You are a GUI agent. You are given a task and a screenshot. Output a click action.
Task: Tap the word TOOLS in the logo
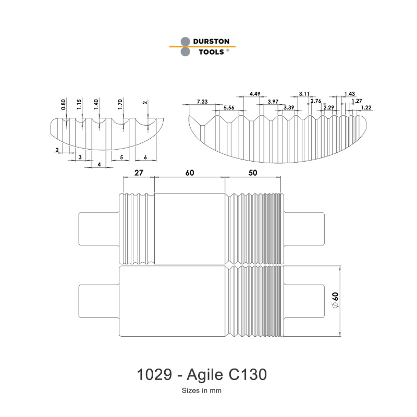(x=207, y=52)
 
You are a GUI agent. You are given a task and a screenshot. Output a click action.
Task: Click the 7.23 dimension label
(x=202, y=101)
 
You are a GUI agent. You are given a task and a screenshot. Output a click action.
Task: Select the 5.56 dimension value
(x=228, y=107)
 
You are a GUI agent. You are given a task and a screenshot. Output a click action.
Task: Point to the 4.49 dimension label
(x=255, y=94)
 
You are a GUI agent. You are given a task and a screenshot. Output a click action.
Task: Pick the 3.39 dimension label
(x=289, y=107)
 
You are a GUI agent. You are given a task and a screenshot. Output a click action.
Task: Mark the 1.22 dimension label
(x=366, y=107)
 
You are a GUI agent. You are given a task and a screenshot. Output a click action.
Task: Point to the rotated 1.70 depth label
(x=120, y=104)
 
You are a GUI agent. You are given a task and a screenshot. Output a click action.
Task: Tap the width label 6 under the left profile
(x=145, y=157)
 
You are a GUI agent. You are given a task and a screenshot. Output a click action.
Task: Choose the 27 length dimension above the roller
(x=139, y=173)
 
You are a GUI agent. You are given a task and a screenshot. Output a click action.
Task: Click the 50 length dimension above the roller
(x=253, y=173)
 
